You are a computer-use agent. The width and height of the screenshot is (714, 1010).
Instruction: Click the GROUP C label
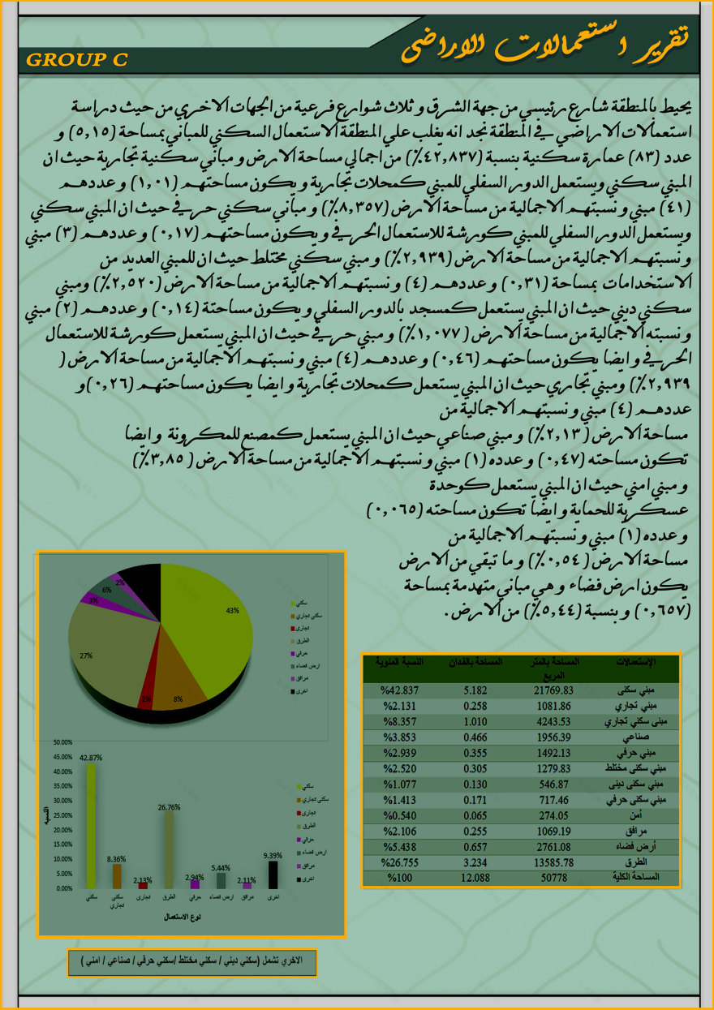coord(76,60)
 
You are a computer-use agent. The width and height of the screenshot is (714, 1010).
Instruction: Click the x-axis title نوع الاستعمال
coord(183,917)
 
